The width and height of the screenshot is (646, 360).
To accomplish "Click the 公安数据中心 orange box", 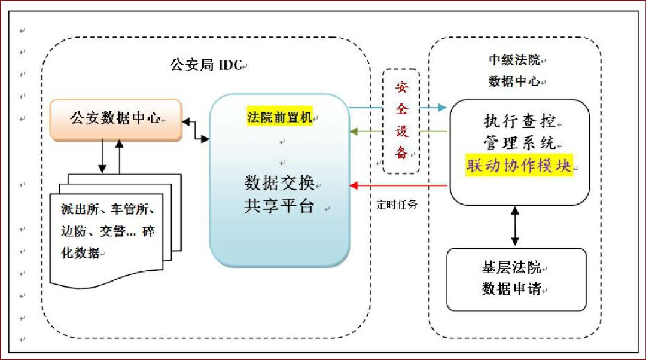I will point(115,118).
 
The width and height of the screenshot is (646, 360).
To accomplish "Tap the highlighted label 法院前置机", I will point(279,117).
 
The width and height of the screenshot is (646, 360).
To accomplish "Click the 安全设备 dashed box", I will point(401,121).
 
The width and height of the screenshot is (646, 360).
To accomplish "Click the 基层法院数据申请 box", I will point(516,279).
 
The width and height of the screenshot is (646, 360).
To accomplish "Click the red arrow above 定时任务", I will point(399,185).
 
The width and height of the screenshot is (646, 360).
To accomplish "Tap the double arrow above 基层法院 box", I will point(515,227).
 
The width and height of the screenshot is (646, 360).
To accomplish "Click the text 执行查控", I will point(520,122).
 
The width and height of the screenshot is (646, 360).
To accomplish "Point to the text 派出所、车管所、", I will point(109,210).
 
